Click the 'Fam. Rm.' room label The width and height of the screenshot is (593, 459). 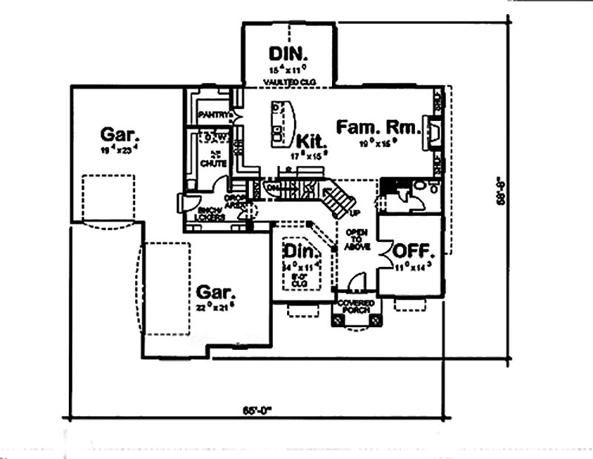[x=378, y=126]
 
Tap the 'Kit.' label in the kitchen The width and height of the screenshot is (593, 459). [x=309, y=140]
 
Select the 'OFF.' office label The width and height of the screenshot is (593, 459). [x=411, y=248]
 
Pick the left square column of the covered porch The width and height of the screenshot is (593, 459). [x=338, y=320]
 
